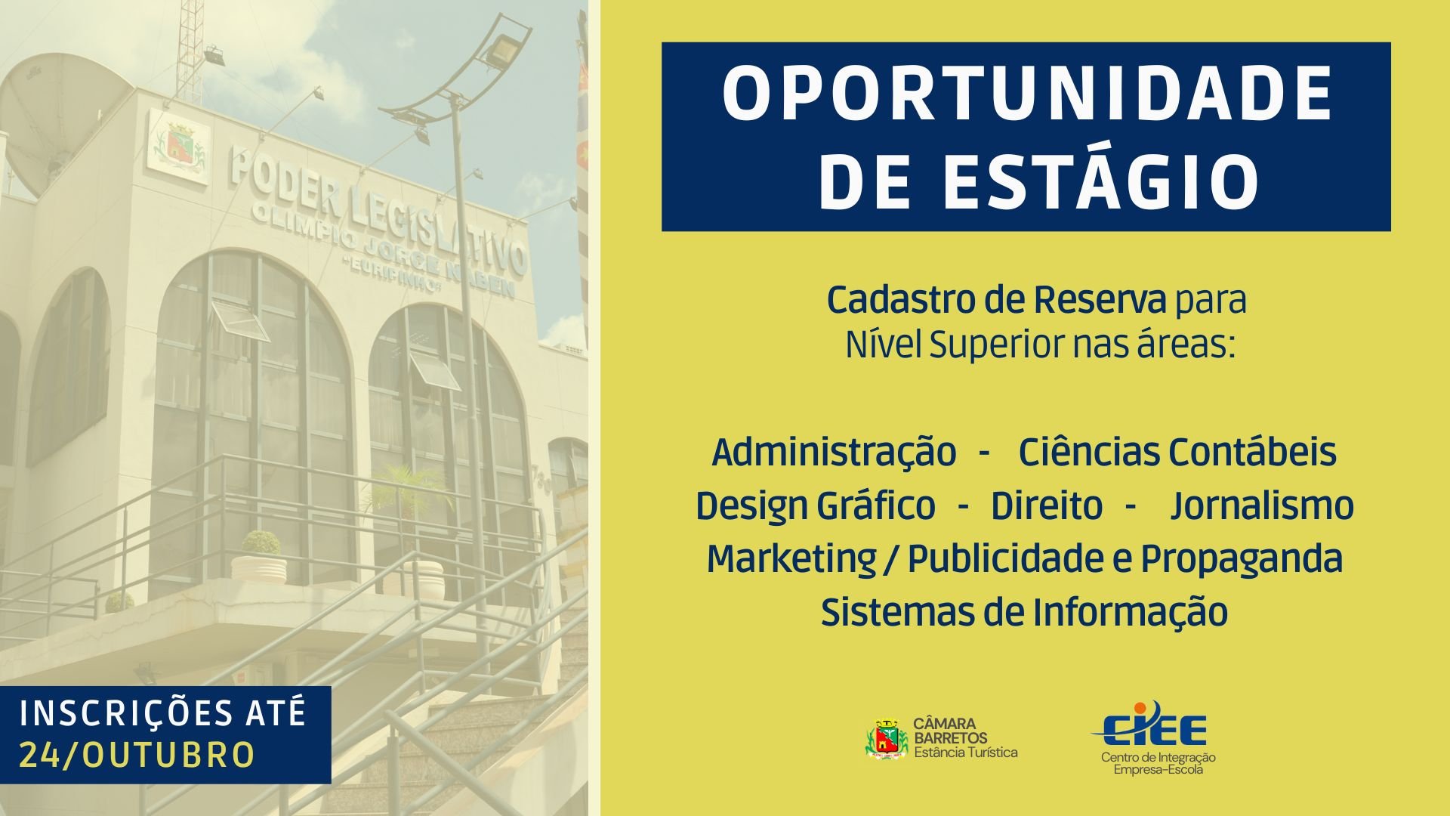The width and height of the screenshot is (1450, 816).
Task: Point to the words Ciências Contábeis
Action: tap(1177, 452)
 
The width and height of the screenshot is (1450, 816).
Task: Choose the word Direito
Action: tap(1047, 505)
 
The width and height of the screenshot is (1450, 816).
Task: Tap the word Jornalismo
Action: tap(1262, 505)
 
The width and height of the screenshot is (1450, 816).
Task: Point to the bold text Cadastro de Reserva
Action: tap(996, 300)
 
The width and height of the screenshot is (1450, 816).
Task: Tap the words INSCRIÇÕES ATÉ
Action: tap(163, 714)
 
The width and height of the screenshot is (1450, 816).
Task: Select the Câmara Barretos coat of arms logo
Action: tap(887, 738)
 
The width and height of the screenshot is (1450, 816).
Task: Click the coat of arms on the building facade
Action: tap(179, 147)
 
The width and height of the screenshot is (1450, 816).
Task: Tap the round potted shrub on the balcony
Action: tap(261, 542)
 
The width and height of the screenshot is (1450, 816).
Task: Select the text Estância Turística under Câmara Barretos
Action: tap(966, 753)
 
